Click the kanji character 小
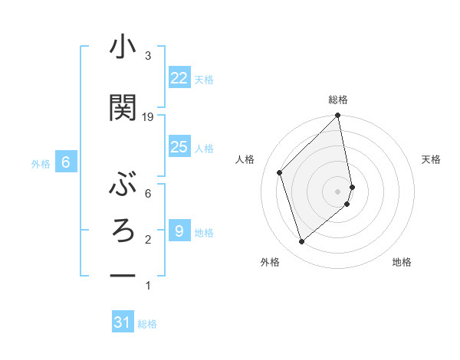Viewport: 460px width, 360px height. coord(123,48)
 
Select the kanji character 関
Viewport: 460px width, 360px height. coord(123,108)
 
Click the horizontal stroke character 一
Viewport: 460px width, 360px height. coord(123,275)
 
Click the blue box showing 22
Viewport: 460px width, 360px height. coord(179,78)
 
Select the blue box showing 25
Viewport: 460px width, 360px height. coord(179,147)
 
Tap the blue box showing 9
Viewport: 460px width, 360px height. coord(179,231)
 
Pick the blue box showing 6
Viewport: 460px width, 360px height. coord(66,162)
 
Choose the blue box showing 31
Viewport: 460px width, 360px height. coord(123,322)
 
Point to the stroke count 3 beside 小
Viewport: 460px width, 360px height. coord(148,56)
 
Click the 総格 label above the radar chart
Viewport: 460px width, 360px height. coord(338,100)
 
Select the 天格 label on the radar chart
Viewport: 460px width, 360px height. coord(431,159)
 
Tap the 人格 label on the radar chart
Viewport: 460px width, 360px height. coord(245,159)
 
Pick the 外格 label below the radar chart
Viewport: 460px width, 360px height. coord(270,263)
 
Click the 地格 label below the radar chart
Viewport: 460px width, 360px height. coord(402,263)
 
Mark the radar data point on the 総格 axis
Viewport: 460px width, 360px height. coord(338,116)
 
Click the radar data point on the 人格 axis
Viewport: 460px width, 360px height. coord(280,172)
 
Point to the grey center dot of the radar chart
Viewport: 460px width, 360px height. coord(338,191)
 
